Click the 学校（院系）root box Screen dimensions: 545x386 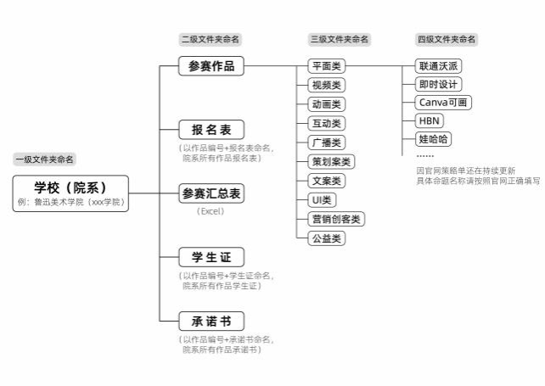click(70, 193)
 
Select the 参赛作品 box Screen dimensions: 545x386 click(211, 66)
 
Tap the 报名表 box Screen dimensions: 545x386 click(211, 130)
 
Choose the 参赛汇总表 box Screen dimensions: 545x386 click(211, 193)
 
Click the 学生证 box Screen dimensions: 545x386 click(211, 257)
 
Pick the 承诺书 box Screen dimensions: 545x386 click(211, 321)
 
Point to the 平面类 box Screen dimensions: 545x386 click(327, 66)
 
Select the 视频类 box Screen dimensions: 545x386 click(327, 85)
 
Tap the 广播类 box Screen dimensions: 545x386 click(327, 143)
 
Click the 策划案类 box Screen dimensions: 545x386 click(331, 161)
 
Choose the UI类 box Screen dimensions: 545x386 click(322, 200)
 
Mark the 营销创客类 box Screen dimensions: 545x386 click(336, 219)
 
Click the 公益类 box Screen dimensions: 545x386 click(327, 238)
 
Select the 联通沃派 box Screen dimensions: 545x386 click(438, 66)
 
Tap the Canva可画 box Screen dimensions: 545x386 click(443, 103)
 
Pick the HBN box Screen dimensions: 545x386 click(430, 121)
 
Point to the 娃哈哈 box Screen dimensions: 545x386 click(433, 139)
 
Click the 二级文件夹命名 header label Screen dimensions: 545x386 click(211, 39)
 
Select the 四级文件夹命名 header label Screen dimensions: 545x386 click(447, 39)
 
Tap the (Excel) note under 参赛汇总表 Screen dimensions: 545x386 click(211, 211)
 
